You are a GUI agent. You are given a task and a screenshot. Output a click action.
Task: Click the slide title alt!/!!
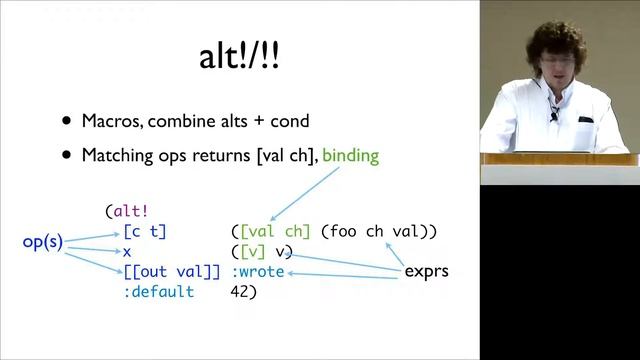tap(239, 57)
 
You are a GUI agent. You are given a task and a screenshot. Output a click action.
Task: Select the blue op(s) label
tap(43, 242)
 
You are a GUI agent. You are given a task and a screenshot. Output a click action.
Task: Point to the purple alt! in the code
tap(131, 211)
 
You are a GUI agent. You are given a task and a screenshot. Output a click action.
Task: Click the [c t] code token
tap(145, 231)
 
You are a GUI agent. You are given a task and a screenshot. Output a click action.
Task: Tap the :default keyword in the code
tap(160, 292)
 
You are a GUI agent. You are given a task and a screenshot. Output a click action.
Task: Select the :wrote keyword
tap(258, 272)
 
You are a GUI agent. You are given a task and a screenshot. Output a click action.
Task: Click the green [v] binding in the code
tap(251, 252)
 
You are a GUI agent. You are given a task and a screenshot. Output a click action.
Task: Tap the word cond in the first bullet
tap(289, 121)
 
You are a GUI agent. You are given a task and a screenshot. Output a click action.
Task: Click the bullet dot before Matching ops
tap(67, 155)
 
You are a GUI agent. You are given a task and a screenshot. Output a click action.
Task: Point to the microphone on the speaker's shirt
tap(553, 117)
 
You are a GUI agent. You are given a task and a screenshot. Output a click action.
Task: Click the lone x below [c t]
tap(127, 252)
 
